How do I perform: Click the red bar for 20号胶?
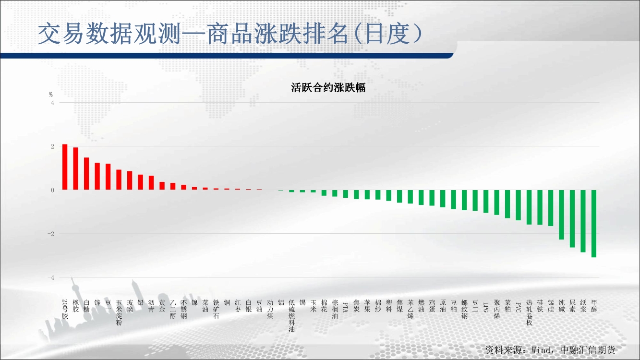(x=65, y=167)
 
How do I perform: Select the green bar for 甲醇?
(x=594, y=224)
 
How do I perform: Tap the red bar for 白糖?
(x=86, y=174)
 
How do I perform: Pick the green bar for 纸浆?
(x=583, y=221)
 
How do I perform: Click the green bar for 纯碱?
(x=561, y=215)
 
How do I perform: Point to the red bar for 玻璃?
(x=130, y=180)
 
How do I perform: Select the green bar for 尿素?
(x=572, y=219)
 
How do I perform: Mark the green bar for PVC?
(x=518, y=205)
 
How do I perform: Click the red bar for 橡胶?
(x=76, y=168)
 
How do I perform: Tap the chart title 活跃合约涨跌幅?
(x=328, y=87)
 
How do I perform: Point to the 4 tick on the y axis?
(x=52, y=103)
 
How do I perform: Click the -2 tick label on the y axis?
(x=50, y=234)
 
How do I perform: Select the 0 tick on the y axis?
(x=52, y=190)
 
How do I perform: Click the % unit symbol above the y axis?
(x=50, y=95)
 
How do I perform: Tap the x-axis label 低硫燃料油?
(x=291, y=316)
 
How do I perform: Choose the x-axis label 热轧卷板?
(x=529, y=312)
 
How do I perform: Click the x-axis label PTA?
(x=345, y=307)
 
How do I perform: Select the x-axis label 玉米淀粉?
(x=119, y=312)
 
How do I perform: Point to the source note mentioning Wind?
(x=550, y=350)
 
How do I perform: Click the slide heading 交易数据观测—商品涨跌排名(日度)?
(x=230, y=34)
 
